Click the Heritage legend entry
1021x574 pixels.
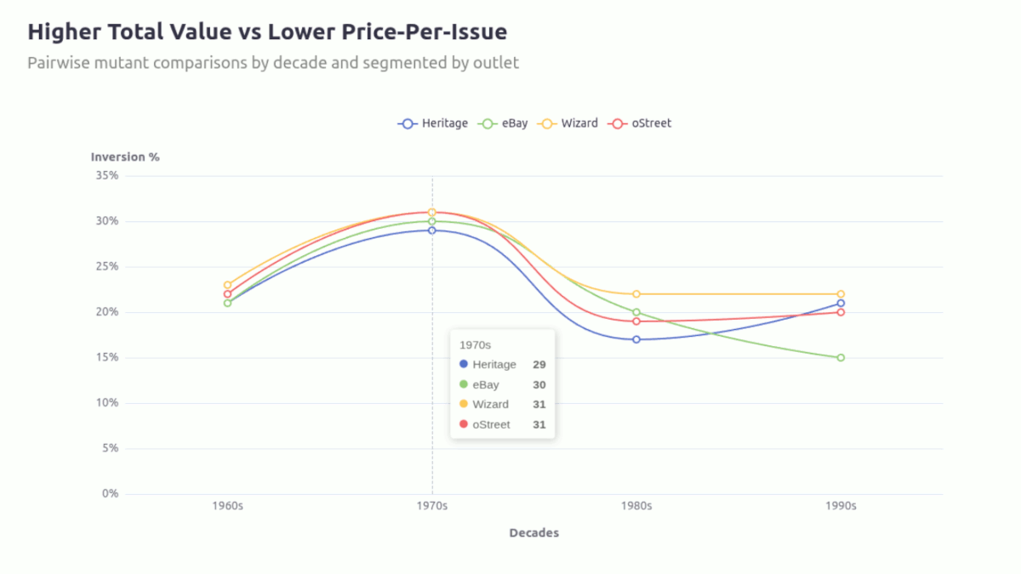[x=433, y=123]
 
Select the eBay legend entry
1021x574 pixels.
[x=505, y=123]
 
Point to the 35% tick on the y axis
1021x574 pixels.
[x=106, y=175]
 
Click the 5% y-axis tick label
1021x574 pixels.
[x=110, y=448]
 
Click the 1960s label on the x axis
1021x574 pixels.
[x=227, y=505]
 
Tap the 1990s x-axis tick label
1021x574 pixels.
[x=841, y=505]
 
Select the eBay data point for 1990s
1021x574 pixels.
[x=841, y=357]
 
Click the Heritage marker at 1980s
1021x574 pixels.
[x=636, y=339]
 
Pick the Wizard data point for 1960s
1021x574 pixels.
[x=227, y=285]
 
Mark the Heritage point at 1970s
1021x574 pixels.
[x=432, y=230]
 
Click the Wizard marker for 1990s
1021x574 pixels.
[x=841, y=294]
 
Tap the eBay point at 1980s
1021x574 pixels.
[x=636, y=312]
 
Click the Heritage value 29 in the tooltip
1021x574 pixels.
[x=539, y=364]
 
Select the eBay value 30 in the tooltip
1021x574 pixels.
[x=539, y=384]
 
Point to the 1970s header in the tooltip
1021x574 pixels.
[x=475, y=345]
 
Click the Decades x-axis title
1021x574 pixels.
[x=533, y=533]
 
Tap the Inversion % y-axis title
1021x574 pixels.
[x=125, y=156]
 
